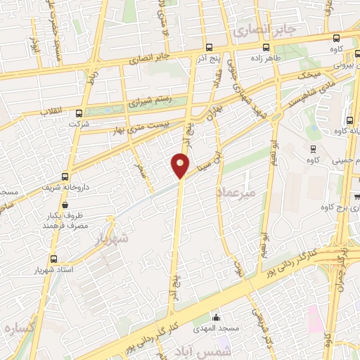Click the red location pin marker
(180, 165)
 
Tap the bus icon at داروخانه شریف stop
(65, 177)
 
